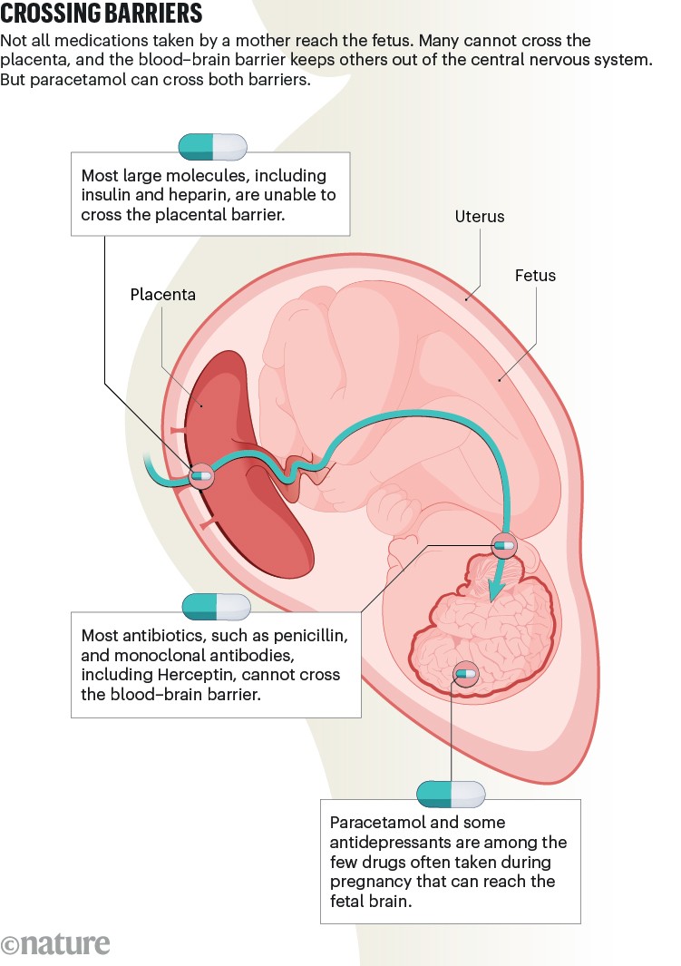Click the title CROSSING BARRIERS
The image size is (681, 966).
[102, 15]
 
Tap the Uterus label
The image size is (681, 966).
[479, 217]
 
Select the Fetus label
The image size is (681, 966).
[535, 275]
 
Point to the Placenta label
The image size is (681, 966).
[162, 295]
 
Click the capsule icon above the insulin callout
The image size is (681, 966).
[213, 146]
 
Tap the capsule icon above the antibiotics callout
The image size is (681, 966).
[216, 607]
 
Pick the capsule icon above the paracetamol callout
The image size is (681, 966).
[451, 794]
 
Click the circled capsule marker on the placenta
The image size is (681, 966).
[200, 474]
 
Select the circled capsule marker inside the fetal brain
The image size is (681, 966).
[465, 673]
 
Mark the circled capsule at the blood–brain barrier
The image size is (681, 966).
[502, 545]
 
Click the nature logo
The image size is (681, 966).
[56, 942]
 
